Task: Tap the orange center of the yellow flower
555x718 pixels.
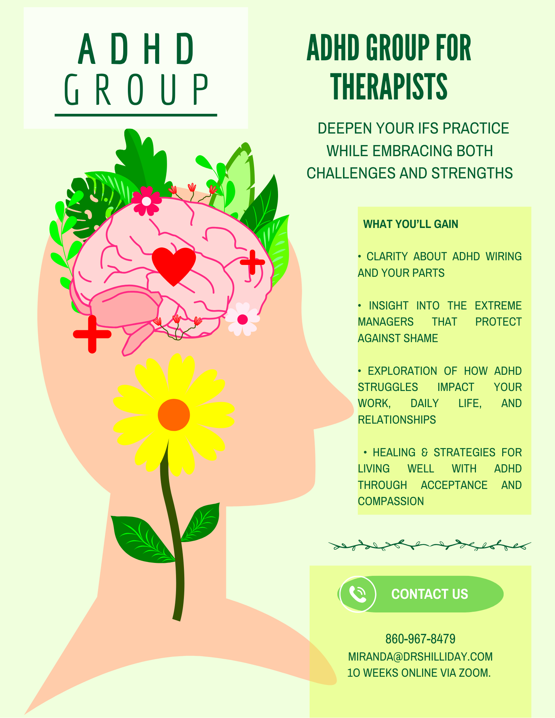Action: (x=174, y=415)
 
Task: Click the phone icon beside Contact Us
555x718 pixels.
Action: (x=358, y=594)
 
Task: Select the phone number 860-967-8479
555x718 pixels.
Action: (x=420, y=639)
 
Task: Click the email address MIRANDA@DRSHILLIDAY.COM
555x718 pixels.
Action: (x=420, y=657)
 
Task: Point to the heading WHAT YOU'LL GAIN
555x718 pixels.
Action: (x=411, y=224)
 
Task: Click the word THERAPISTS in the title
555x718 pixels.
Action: (x=389, y=87)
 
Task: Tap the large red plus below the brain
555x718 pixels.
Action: (x=92, y=334)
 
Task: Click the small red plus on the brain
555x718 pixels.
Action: (x=253, y=262)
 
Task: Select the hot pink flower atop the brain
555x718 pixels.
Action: (x=146, y=201)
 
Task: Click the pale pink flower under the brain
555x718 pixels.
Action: (x=242, y=319)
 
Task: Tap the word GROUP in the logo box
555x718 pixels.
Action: (x=136, y=90)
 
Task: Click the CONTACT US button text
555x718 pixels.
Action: (x=430, y=594)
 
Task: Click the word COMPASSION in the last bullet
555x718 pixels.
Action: (x=391, y=501)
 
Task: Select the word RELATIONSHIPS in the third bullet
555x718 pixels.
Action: (x=397, y=420)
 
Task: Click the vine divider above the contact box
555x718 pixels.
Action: (x=430, y=545)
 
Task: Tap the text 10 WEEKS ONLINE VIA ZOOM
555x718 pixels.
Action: (x=419, y=673)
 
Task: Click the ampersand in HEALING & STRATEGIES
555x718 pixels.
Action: (x=425, y=452)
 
